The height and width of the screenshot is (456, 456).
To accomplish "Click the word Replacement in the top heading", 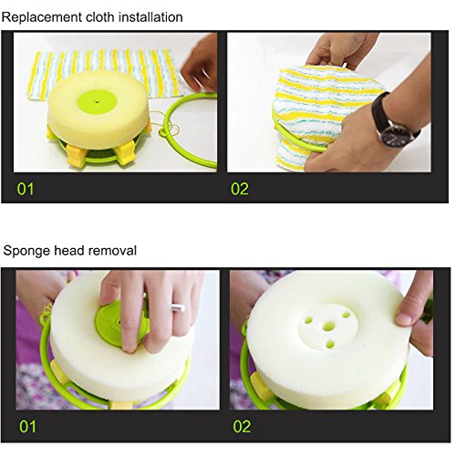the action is click(x=42, y=17).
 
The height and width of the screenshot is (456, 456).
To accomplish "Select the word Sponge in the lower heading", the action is click(x=26, y=252).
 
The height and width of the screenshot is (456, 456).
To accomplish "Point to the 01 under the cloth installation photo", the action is click(x=26, y=189).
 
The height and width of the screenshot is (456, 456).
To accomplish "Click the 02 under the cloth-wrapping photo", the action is click(x=240, y=189).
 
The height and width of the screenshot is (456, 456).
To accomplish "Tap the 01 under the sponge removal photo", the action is click(x=27, y=427).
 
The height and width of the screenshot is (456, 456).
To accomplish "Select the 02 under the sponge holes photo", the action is click(x=242, y=427).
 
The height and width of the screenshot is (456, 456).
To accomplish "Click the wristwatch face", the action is click(x=392, y=134).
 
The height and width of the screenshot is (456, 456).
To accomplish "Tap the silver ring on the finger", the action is click(x=178, y=307).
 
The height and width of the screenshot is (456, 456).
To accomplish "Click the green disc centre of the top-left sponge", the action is click(x=97, y=102).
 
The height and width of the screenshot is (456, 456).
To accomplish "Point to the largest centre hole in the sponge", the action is click(x=329, y=326).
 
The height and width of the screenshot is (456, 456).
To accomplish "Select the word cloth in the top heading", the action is click(x=100, y=17).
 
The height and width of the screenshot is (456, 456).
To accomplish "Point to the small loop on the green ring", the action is click(x=163, y=132).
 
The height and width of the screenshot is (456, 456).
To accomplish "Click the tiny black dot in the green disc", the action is click(x=98, y=102).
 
